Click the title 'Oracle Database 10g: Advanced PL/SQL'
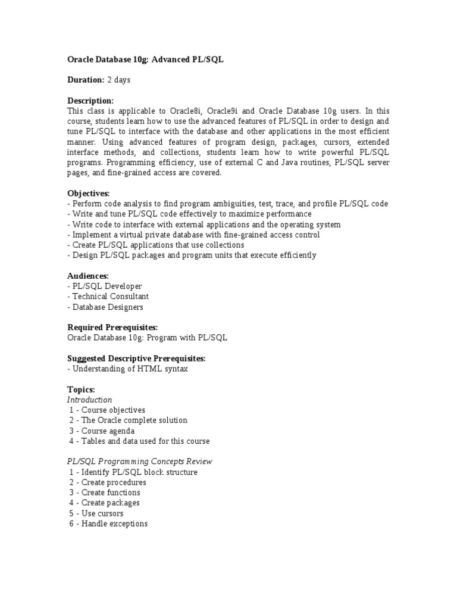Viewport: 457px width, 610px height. pos(145,60)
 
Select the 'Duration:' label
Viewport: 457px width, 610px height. pos(86,80)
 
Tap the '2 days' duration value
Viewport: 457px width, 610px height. pos(119,80)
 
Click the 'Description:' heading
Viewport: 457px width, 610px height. pos(90,101)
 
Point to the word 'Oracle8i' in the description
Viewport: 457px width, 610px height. pos(186,111)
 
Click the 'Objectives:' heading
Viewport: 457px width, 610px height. pos(88,194)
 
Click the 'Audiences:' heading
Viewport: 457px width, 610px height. pos(88,276)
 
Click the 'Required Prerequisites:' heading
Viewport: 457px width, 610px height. pos(112,328)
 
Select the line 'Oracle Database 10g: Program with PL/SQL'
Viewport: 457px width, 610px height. pos(147,338)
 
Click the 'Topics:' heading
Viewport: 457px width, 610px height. pos(81,390)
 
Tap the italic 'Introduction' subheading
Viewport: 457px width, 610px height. pos(89,400)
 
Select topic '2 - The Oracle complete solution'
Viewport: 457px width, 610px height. pos(128,421)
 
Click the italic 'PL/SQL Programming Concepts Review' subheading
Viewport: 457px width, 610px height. pos(140,462)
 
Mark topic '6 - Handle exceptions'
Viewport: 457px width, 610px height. pos(108,524)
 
